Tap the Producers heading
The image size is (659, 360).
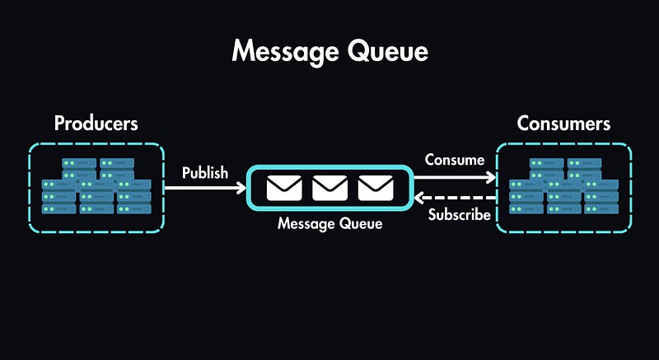pyautogui.click(x=96, y=124)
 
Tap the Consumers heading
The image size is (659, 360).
pyautogui.click(x=563, y=124)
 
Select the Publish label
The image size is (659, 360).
pyautogui.click(x=205, y=173)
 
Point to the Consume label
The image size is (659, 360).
pyautogui.click(x=454, y=160)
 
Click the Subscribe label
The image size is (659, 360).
pyautogui.click(x=459, y=216)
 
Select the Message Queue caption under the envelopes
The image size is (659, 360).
pyautogui.click(x=329, y=223)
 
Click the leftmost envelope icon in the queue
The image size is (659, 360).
pyautogui.click(x=284, y=188)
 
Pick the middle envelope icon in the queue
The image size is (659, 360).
pyautogui.click(x=329, y=188)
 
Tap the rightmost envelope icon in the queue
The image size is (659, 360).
pyautogui.click(x=376, y=188)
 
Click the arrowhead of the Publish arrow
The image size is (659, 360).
pyautogui.click(x=241, y=189)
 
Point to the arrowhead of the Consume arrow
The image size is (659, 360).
pyautogui.click(x=492, y=176)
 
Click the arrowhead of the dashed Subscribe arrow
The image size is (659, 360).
pyautogui.click(x=418, y=199)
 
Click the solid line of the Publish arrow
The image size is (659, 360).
pyautogui.click(x=202, y=189)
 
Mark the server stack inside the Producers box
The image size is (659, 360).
pyautogui.click(x=96, y=187)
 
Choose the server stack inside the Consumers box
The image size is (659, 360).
pyautogui.click(x=563, y=187)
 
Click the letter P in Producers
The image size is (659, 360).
pyautogui.click(x=59, y=124)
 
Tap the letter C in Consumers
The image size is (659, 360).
pyautogui.click(x=523, y=124)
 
